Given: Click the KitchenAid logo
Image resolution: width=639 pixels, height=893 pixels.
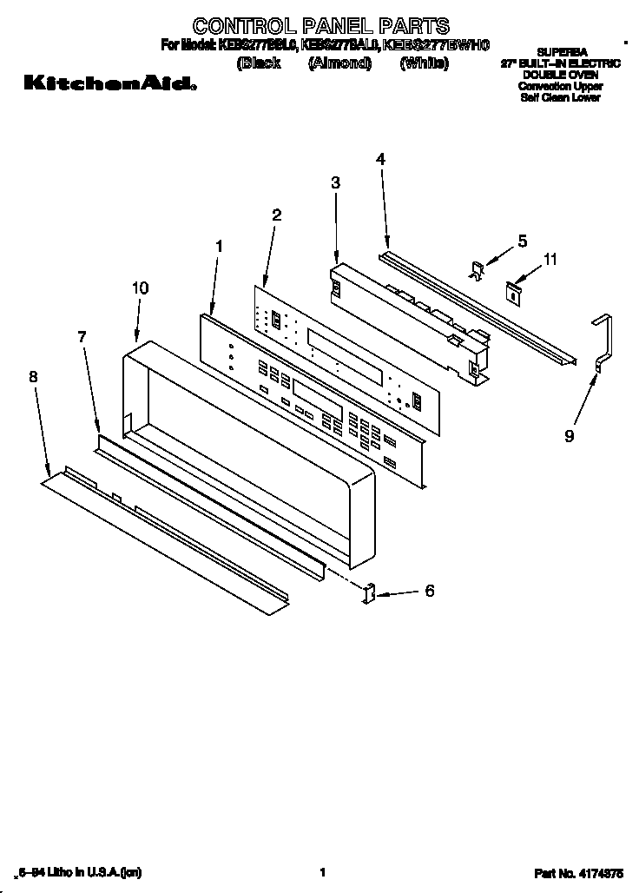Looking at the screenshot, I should click(x=109, y=84).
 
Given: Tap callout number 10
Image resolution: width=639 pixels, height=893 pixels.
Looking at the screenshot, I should click(x=140, y=288).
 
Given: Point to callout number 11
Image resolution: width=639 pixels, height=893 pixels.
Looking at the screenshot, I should click(x=550, y=259).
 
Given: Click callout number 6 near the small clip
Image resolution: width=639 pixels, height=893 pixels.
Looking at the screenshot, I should click(x=429, y=591).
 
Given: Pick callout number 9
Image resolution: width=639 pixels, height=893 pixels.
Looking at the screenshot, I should click(x=570, y=436).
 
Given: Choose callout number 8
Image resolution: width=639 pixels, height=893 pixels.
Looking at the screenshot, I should click(x=33, y=376).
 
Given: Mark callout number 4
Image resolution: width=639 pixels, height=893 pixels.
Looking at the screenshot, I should click(x=380, y=158).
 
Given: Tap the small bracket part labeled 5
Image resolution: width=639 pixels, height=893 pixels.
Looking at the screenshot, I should click(x=477, y=270).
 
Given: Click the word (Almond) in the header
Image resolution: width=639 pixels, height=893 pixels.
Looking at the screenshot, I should click(x=339, y=63).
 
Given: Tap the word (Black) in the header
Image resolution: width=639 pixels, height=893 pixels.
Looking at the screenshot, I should click(x=259, y=63).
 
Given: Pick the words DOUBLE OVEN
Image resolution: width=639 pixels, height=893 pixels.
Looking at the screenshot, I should click(x=560, y=76).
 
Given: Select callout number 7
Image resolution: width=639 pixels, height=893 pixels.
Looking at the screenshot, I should click(x=82, y=336).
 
